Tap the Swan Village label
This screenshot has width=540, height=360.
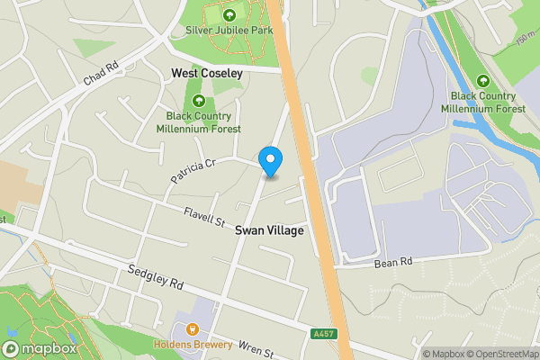[269, 230]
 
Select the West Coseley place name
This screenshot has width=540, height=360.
[206, 73]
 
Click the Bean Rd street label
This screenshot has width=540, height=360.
[392, 263]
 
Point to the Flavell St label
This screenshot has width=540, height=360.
[203, 217]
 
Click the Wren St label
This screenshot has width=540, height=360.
[256, 347]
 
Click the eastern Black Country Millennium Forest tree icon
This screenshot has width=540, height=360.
[483, 81]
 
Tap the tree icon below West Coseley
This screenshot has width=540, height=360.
[198, 101]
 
